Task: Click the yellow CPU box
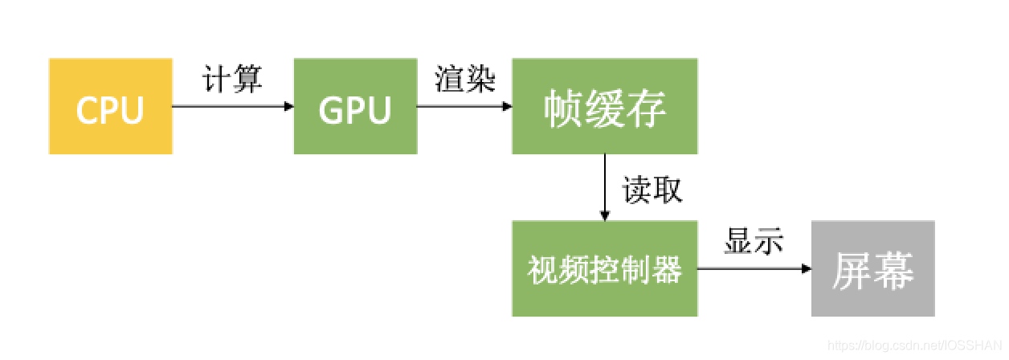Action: coord(110,106)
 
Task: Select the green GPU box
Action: coord(355,106)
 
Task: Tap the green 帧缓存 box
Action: coord(604,106)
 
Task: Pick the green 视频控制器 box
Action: coord(604,269)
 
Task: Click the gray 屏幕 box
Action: coord(872,269)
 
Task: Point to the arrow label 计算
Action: coord(232,80)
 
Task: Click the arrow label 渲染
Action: coord(465,80)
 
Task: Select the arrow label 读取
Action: coord(652,190)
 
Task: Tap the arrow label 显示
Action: coord(753,242)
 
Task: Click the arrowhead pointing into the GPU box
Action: coord(288,106)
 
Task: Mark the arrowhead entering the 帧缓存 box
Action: coord(507,106)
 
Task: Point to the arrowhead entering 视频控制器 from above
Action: coord(605,215)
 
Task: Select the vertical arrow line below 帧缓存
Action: coord(605,183)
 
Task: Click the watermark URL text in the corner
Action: coord(916,346)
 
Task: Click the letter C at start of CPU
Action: coord(87,109)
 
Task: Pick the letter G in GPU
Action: coord(330,109)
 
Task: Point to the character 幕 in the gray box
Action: coord(894,271)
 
